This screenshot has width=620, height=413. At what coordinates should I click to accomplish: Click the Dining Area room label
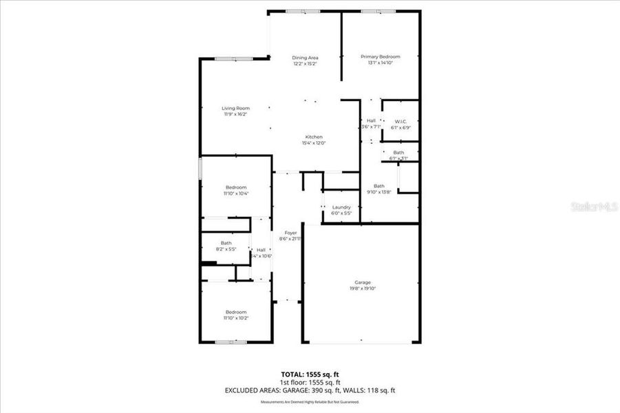304,57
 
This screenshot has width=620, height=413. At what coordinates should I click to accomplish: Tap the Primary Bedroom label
381,56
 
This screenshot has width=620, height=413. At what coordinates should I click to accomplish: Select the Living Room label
235,108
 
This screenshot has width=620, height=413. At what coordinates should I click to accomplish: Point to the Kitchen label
314,137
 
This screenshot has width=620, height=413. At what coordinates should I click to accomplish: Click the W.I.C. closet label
400,121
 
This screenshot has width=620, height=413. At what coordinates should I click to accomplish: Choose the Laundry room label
341,207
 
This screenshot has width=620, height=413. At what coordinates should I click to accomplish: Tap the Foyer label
290,233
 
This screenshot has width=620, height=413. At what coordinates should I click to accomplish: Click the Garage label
363,282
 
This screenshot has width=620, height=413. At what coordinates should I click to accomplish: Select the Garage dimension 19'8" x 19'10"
363,288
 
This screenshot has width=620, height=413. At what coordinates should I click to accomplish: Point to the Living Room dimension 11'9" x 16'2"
235,114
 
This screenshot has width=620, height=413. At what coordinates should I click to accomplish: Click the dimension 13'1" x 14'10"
381,63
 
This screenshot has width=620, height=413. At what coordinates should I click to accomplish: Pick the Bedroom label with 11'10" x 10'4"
236,187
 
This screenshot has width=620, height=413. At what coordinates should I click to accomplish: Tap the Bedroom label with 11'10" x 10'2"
236,312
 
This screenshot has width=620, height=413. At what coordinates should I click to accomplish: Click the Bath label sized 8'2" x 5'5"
226,242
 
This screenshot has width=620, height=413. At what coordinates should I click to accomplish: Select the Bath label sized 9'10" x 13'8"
379,186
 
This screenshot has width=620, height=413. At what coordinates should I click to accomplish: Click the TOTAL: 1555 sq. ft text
310,374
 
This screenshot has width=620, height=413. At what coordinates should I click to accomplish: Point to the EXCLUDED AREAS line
310,390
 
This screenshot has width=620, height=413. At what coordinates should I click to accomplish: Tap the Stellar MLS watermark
594,206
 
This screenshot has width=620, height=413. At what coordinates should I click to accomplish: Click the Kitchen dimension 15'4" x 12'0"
314,143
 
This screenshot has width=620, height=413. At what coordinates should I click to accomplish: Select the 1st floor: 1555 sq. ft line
310,382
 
